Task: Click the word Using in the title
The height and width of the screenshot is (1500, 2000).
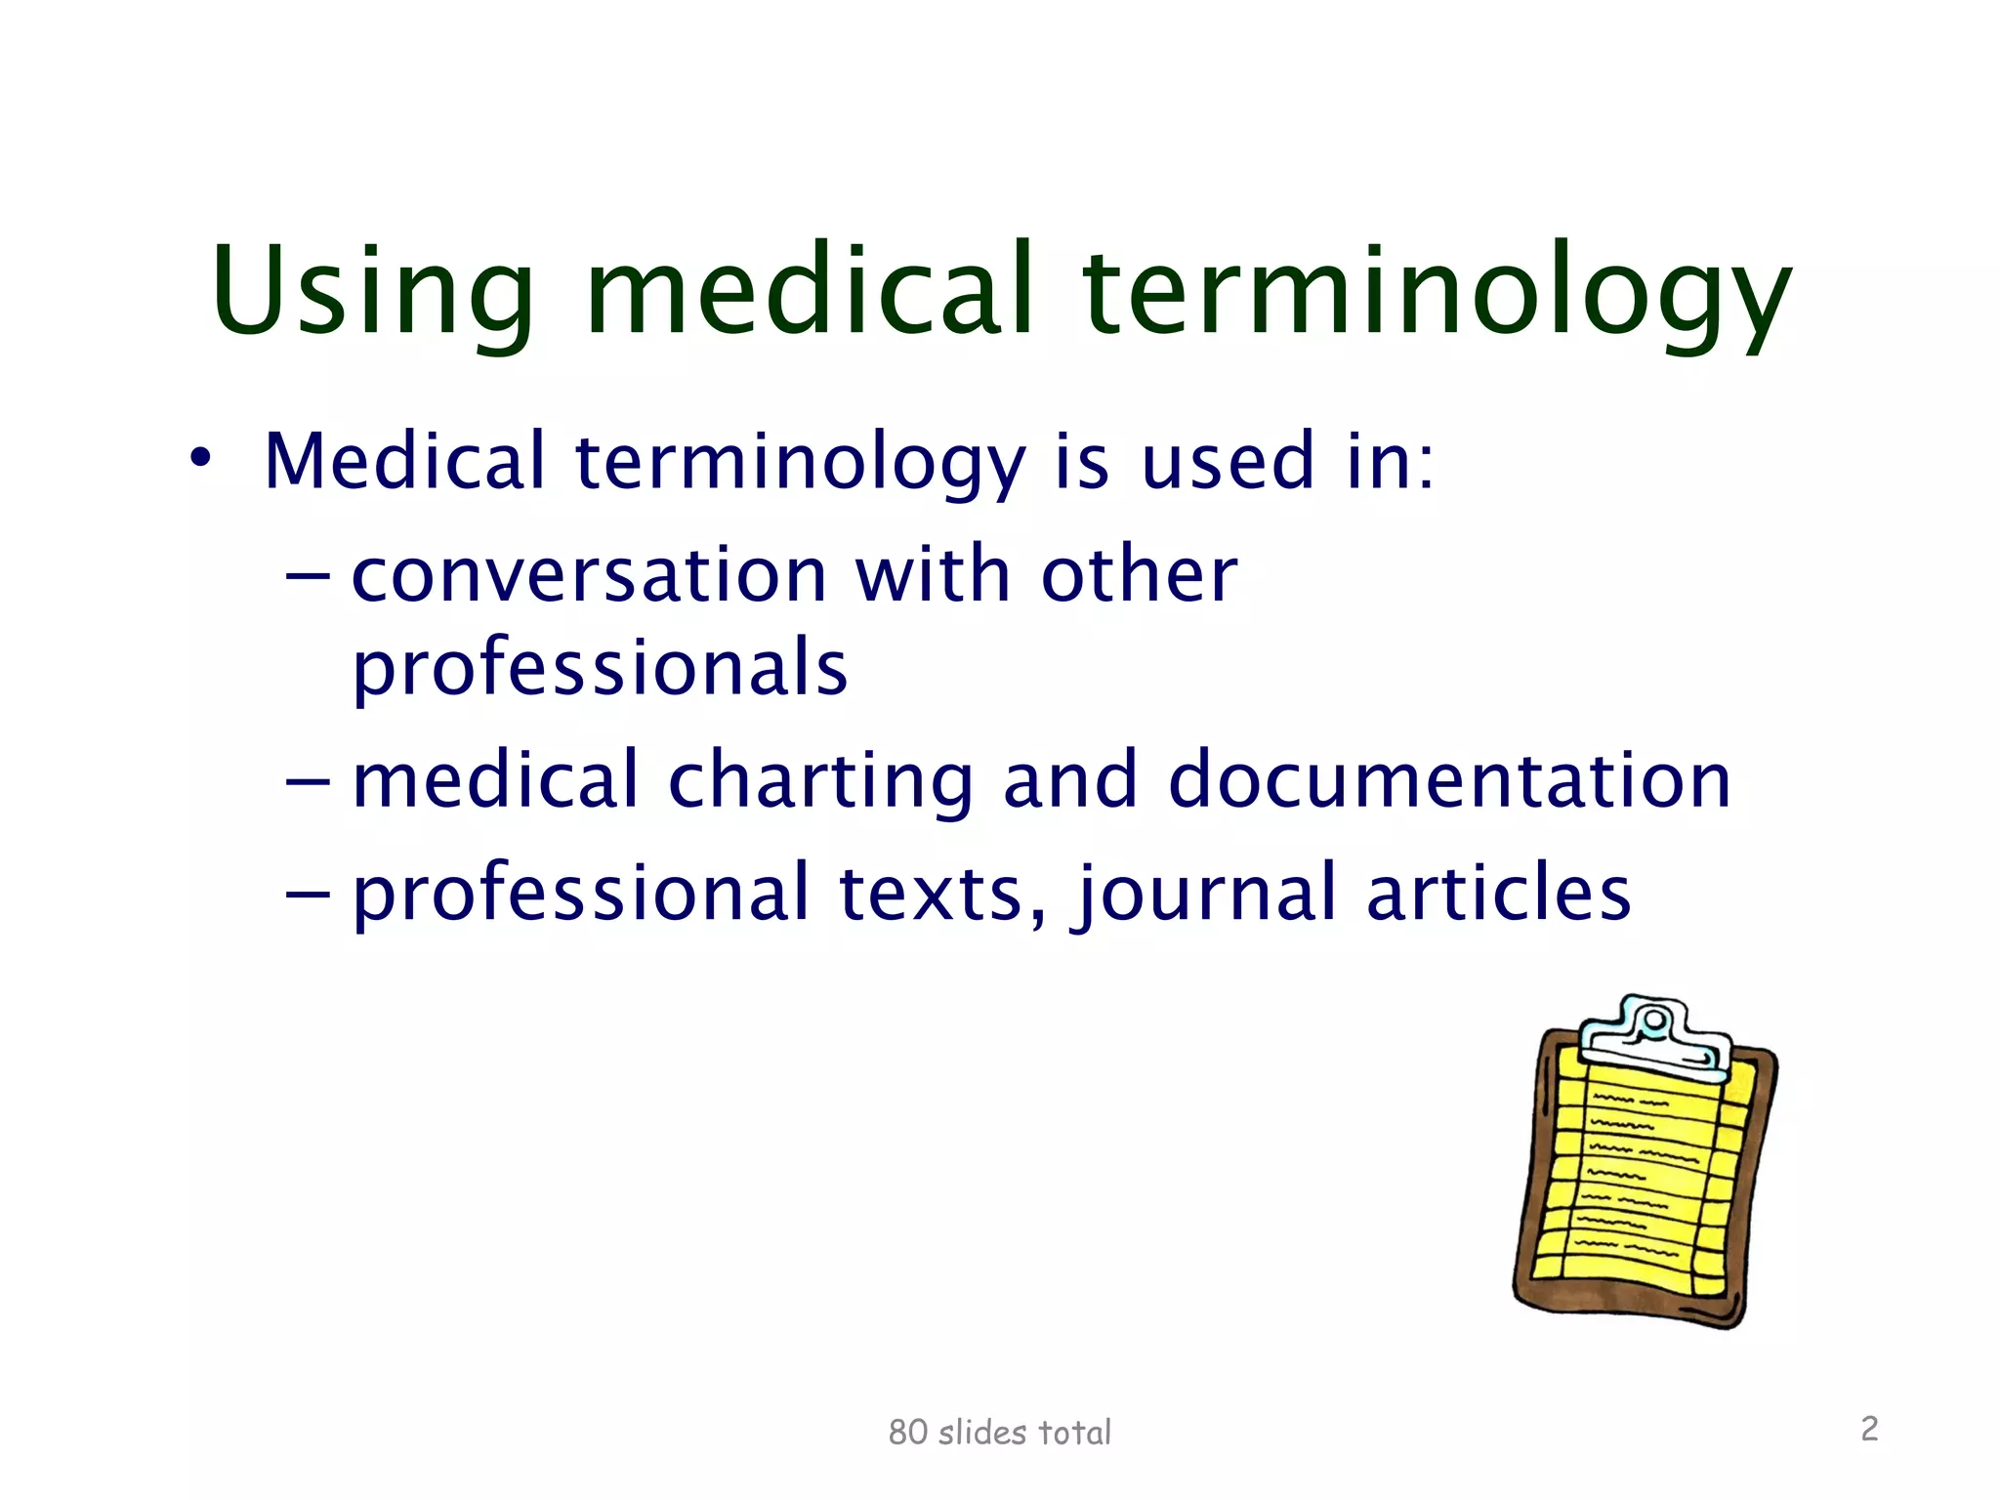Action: click(372, 293)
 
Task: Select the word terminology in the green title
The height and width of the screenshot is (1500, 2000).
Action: click(1437, 293)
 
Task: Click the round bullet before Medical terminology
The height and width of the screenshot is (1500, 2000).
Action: click(200, 457)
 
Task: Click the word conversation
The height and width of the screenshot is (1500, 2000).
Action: click(589, 575)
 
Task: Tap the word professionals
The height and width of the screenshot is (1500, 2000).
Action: click(600, 669)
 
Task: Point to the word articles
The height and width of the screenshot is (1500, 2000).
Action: click(1498, 893)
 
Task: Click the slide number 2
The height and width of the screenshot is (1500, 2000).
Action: click(1869, 1429)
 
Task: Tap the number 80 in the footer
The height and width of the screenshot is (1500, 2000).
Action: click(907, 1433)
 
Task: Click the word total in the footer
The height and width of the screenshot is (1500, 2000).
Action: click(1074, 1433)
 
